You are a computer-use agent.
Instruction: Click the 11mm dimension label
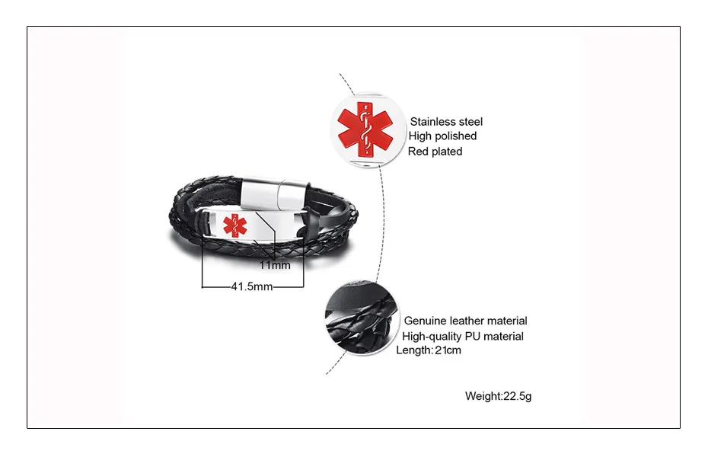[x=275, y=266]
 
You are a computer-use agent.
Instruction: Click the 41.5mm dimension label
[x=252, y=287]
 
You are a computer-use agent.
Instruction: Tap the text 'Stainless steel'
[x=446, y=121]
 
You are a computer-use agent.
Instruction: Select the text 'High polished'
[x=442, y=136]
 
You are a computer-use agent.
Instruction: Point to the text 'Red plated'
[x=435, y=151]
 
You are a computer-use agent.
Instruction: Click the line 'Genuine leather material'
[x=465, y=321]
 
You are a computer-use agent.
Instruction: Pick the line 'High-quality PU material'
[x=463, y=336]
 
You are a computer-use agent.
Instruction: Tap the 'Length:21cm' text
[x=429, y=350]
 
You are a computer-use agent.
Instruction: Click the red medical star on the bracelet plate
[x=235, y=225]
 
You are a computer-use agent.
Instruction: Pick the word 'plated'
[x=447, y=151]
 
